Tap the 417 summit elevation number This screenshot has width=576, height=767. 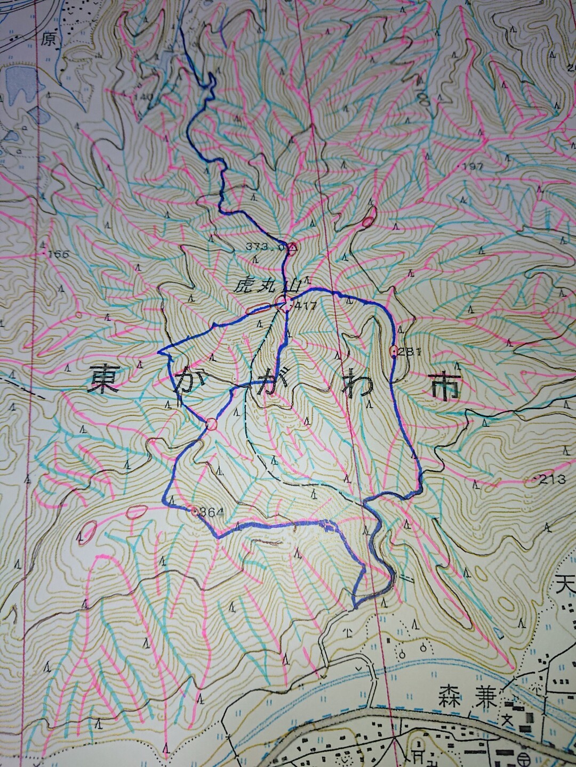pos(309,306)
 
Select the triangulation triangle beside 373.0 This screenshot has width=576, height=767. pos(292,247)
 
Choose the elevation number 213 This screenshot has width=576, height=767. pos(553,479)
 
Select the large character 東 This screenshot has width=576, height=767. pos(104,379)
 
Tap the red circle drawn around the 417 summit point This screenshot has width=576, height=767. pos(283,305)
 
